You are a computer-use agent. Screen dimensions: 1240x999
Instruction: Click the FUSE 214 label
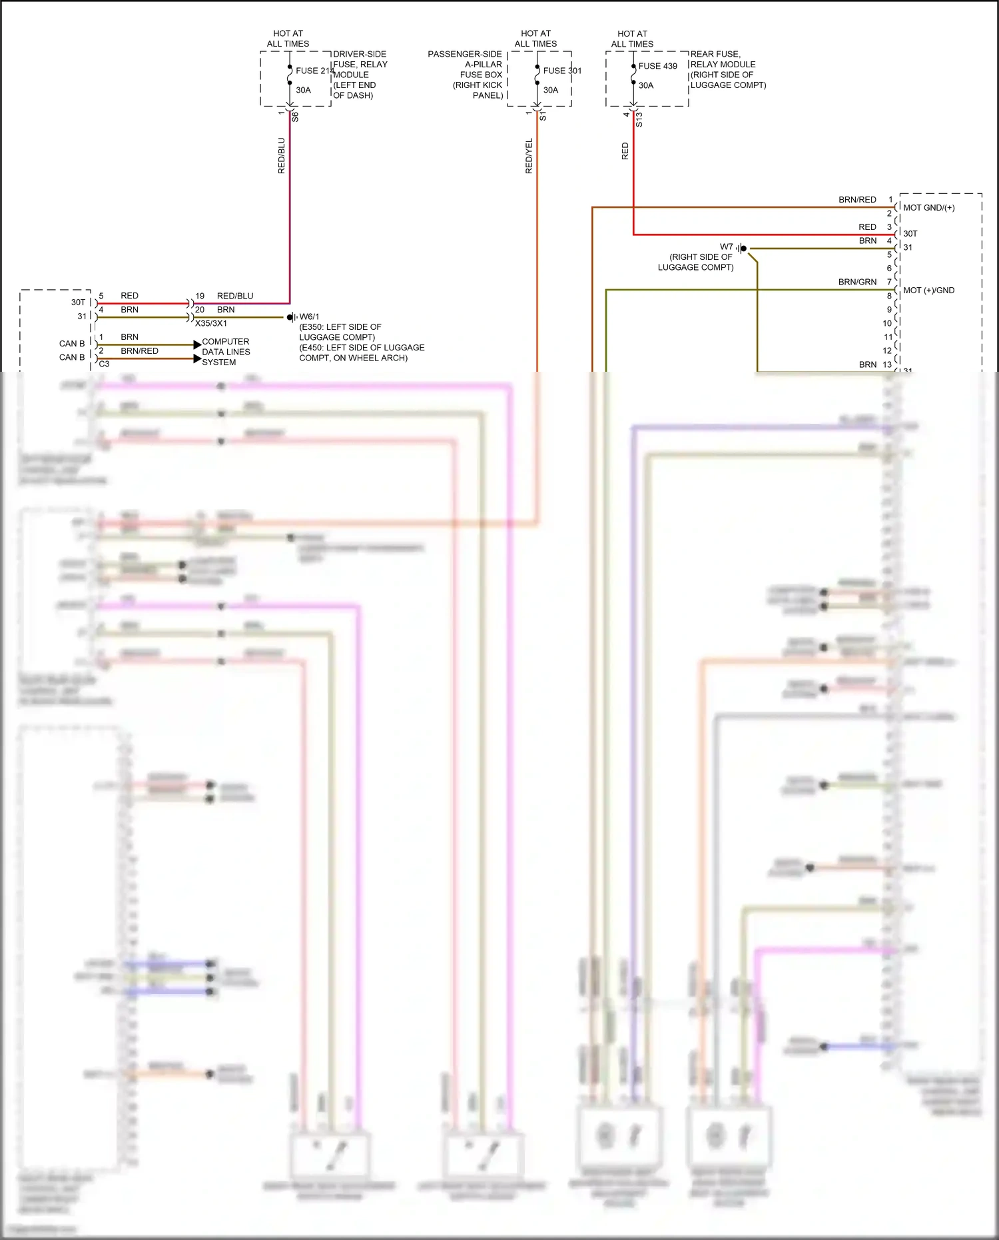(314, 71)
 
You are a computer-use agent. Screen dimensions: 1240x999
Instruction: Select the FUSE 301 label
(562, 71)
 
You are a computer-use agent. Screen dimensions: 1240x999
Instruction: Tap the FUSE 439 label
(657, 66)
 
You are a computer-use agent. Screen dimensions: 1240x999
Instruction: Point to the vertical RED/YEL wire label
(529, 157)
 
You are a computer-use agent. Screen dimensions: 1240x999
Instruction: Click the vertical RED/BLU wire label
(281, 156)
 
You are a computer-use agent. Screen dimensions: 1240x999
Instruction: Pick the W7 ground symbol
(742, 249)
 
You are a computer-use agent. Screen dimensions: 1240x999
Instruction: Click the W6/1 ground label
(309, 316)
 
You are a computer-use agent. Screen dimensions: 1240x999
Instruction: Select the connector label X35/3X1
(210, 323)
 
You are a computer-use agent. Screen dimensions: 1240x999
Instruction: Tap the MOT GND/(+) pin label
(928, 208)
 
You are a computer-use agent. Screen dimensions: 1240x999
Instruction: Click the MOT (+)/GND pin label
(928, 291)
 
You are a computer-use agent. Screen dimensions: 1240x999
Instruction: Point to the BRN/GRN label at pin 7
(857, 282)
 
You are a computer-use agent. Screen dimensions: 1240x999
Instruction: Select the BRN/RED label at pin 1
(857, 200)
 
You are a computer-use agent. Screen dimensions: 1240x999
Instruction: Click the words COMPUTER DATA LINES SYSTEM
(226, 352)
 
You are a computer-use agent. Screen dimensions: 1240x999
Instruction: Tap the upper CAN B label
(72, 344)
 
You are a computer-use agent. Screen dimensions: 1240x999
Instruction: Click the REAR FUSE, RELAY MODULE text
(727, 69)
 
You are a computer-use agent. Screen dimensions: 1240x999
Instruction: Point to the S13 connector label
(639, 119)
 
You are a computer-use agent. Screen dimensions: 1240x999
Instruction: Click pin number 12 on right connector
(887, 350)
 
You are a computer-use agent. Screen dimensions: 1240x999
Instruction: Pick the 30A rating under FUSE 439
(646, 85)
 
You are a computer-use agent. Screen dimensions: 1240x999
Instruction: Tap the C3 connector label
(104, 364)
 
